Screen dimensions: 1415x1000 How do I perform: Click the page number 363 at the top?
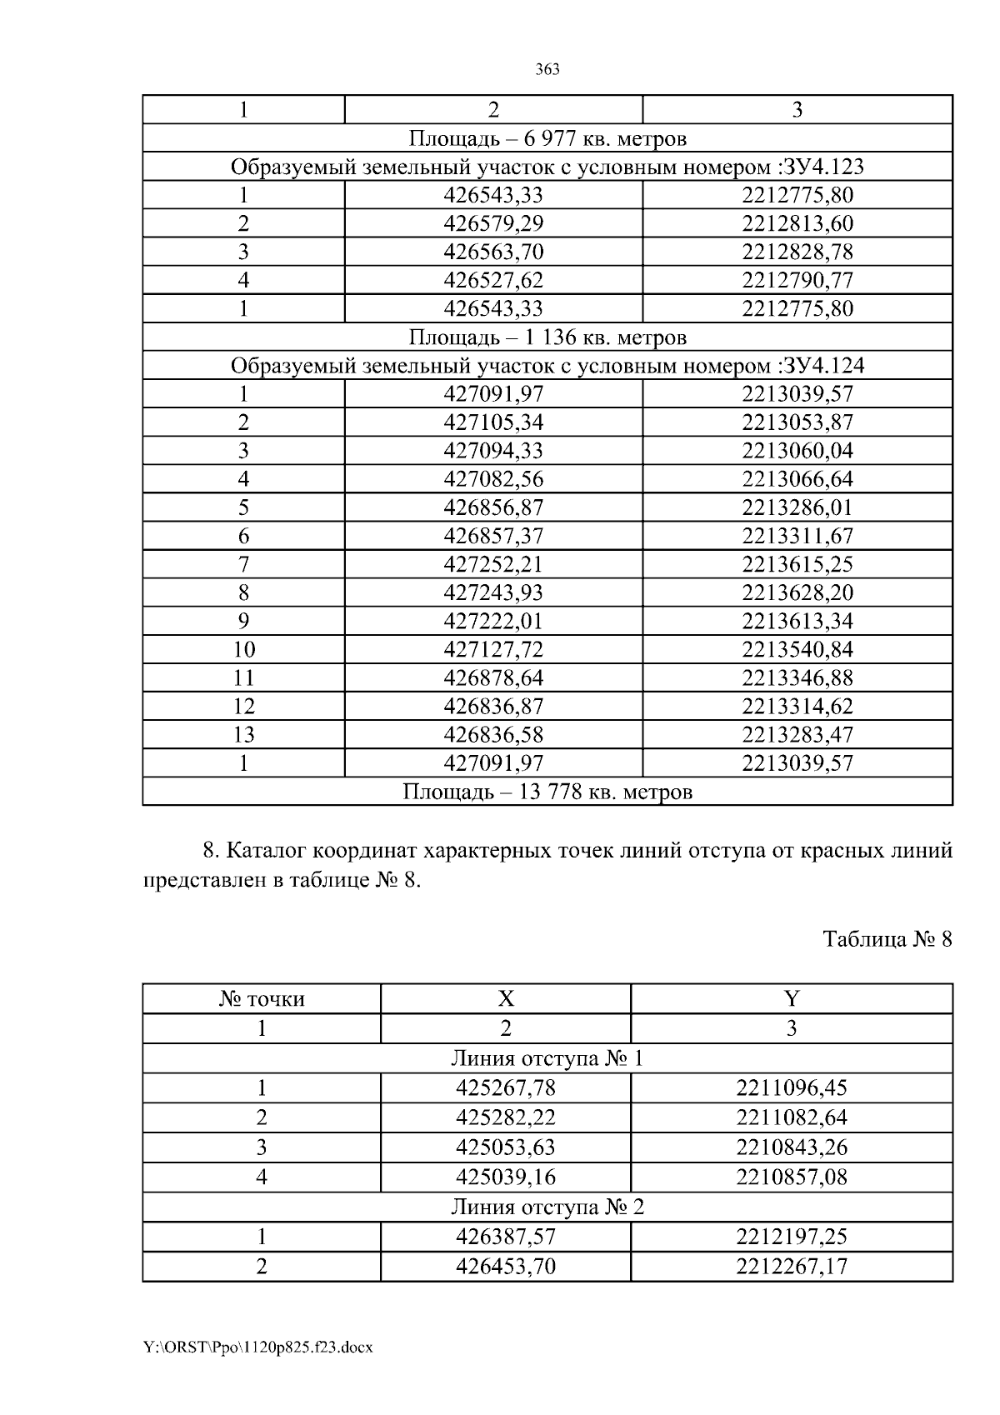[x=547, y=69]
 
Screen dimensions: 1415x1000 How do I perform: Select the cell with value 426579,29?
[x=493, y=223]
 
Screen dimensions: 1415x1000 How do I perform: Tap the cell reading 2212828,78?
[x=797, y=252]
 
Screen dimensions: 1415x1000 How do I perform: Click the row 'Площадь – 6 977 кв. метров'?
[x=547, y=137]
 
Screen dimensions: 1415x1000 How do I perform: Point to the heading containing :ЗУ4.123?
[x=547, y=167]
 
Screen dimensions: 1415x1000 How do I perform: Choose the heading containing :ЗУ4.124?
[x=547, y=365]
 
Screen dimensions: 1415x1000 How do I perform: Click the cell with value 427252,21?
[x=493, y=564]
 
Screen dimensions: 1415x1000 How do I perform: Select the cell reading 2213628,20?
[x=797, y=592]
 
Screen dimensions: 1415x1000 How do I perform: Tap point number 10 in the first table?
[x=243, y=649]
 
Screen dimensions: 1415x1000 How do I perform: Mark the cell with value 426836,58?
[x=493, y=734]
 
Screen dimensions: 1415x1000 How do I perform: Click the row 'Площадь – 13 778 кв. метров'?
[x=547, y=791]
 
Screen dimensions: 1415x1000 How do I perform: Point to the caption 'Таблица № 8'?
[x=887, y=939]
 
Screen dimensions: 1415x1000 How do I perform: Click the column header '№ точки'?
[x=262, y=998]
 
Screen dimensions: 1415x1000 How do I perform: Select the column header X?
[x=506, y=998]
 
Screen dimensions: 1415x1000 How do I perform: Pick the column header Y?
[x=792, y=998]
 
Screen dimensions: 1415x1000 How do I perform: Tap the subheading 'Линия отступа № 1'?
[x=547, y=1058]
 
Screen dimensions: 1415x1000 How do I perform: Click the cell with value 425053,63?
[x=506, y=1147]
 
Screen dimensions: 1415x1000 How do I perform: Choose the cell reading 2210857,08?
[x=792, y=1177]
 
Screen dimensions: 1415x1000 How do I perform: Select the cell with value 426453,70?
[x=506, y=1267]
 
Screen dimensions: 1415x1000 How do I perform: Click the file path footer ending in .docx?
[x=257, y=1347]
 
